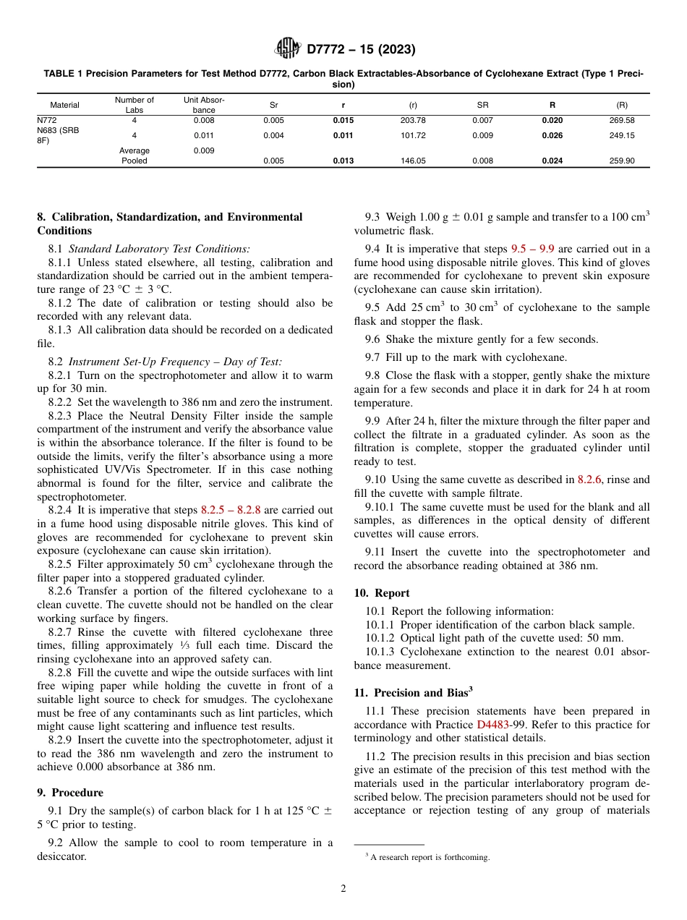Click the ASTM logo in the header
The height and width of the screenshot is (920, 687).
tap(288, 49)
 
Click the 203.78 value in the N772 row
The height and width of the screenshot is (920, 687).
tap(413, 121)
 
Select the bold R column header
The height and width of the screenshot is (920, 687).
tap(552, 105)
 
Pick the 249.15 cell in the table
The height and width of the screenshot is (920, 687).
tap(622, 135)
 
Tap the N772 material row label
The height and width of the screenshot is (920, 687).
tap(47, 121)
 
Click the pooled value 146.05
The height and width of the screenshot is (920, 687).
tap(413, 161)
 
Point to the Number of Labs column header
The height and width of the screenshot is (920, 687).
tap(135, 105)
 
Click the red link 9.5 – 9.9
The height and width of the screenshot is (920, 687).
tap(532, 250)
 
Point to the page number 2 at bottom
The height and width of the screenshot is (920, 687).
tap(343, 889)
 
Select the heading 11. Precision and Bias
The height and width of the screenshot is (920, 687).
tap(413, 692)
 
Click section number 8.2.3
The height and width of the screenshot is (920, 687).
tap(63, 416)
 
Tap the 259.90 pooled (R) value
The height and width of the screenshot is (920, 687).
tap(622, 161)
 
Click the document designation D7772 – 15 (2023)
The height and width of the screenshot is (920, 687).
tap(361, 50)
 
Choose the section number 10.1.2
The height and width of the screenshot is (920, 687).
tap(380, 639)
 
